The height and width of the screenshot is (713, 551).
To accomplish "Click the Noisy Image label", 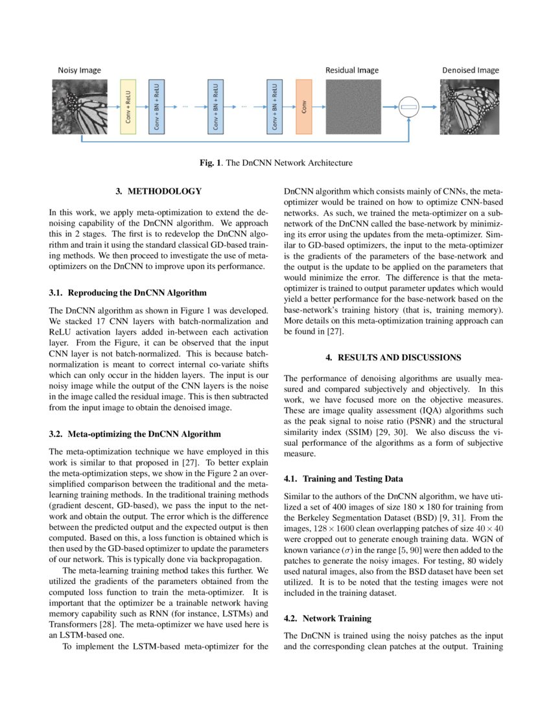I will pyautogui.click(x=79, y=70).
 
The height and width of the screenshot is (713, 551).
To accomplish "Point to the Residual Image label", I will pyautogui.click(x=352, y=70).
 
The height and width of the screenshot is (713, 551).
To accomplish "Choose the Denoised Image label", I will pyautogui.click(x=471, y=70).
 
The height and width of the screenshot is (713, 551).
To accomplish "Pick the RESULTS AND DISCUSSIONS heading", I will pyautogui.click(x=393, y=357).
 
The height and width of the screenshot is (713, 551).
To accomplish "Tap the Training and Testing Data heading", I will pyautogui.click(x=344, y=479).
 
